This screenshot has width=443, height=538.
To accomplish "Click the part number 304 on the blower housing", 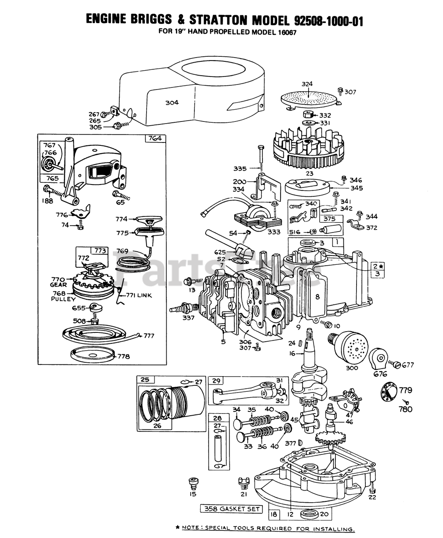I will tap(171, 103).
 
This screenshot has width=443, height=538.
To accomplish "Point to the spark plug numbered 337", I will tap(179, 311).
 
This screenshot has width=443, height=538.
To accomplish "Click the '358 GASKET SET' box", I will tap(231, 509).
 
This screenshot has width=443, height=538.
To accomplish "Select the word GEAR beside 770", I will tap(58, 285).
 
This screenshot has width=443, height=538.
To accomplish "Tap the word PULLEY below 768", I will tap(63, 299).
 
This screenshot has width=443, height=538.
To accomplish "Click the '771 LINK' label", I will tap(139, 295).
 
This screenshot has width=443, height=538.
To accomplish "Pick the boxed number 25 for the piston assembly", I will tap(144, 380).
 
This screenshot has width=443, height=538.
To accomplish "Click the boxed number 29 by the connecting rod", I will tap(216, 381).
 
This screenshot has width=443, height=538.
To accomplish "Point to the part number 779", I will tap(405, 390).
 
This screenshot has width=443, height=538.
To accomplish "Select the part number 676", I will tap(380, 374).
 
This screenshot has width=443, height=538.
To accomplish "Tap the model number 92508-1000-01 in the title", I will tap(326, 21).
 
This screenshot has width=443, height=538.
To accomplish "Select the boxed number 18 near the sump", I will tap(274, 514).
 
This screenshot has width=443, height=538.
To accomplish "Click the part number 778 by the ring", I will tap(123, 356).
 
